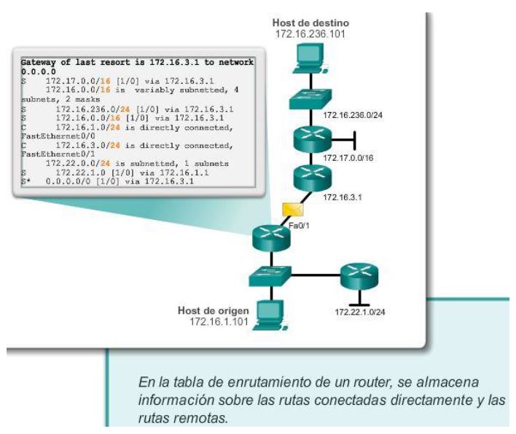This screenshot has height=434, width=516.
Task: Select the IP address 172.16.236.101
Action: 310,33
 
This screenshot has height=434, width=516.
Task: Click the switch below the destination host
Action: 308,98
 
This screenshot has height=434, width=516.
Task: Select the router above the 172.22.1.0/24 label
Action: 359,276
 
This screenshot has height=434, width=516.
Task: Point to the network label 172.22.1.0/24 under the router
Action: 359,312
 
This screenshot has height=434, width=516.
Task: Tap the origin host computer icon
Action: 270,312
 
